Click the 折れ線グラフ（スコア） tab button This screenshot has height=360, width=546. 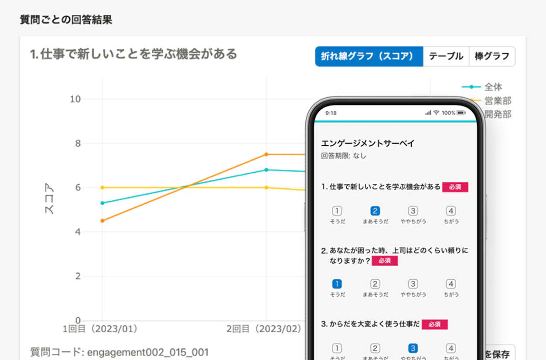coord(369,56)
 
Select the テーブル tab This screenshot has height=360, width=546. coord(446,56)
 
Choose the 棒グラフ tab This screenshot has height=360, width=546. coord(492,56)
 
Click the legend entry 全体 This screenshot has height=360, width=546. coord(493,87)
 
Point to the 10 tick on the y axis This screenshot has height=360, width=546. coord(75,99)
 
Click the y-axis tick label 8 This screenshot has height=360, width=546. coord(78,144)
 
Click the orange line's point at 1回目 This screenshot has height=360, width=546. coord(102,221)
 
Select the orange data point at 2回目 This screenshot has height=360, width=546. coord(266,154)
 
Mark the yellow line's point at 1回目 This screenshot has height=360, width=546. coord(102,188)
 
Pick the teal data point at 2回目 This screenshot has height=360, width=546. coord(266,170)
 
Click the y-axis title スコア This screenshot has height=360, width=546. coord(50,199)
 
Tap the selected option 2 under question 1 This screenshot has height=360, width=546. coord(375,211)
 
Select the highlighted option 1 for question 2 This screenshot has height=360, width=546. coord(337,284)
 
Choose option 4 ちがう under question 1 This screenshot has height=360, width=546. coord(451,211)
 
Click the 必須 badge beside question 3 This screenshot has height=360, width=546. coord(434,324)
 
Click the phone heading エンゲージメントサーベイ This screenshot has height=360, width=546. coord(367,143)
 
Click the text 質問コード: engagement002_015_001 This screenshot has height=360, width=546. coord(119,352)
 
